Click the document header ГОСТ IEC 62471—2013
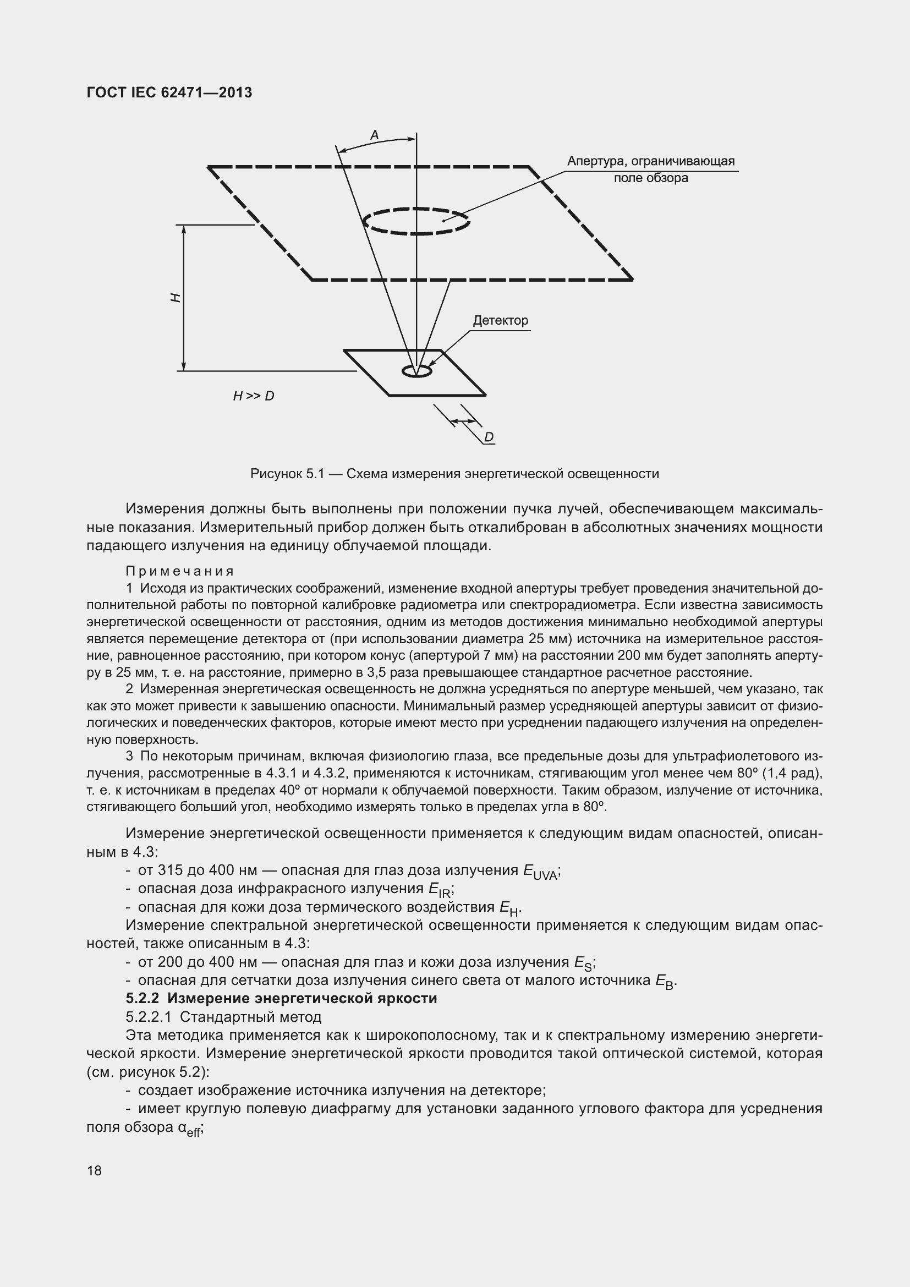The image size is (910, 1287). pos(169,92)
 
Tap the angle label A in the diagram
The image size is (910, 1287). pos(374,135)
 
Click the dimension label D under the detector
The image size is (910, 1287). pos(489,437)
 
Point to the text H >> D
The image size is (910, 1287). pos(253,396)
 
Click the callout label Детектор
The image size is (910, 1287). pos(500,321)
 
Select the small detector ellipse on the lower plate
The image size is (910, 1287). pos(417,371)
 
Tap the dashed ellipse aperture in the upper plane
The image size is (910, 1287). pos(416,221)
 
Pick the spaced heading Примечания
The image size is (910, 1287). pos(179,571)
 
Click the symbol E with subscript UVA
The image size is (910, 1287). pos(540,872)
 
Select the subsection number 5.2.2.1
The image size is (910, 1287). pos(149,1017)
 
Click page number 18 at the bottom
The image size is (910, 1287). pos(94,1170)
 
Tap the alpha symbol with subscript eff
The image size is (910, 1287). pos(189,1128)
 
